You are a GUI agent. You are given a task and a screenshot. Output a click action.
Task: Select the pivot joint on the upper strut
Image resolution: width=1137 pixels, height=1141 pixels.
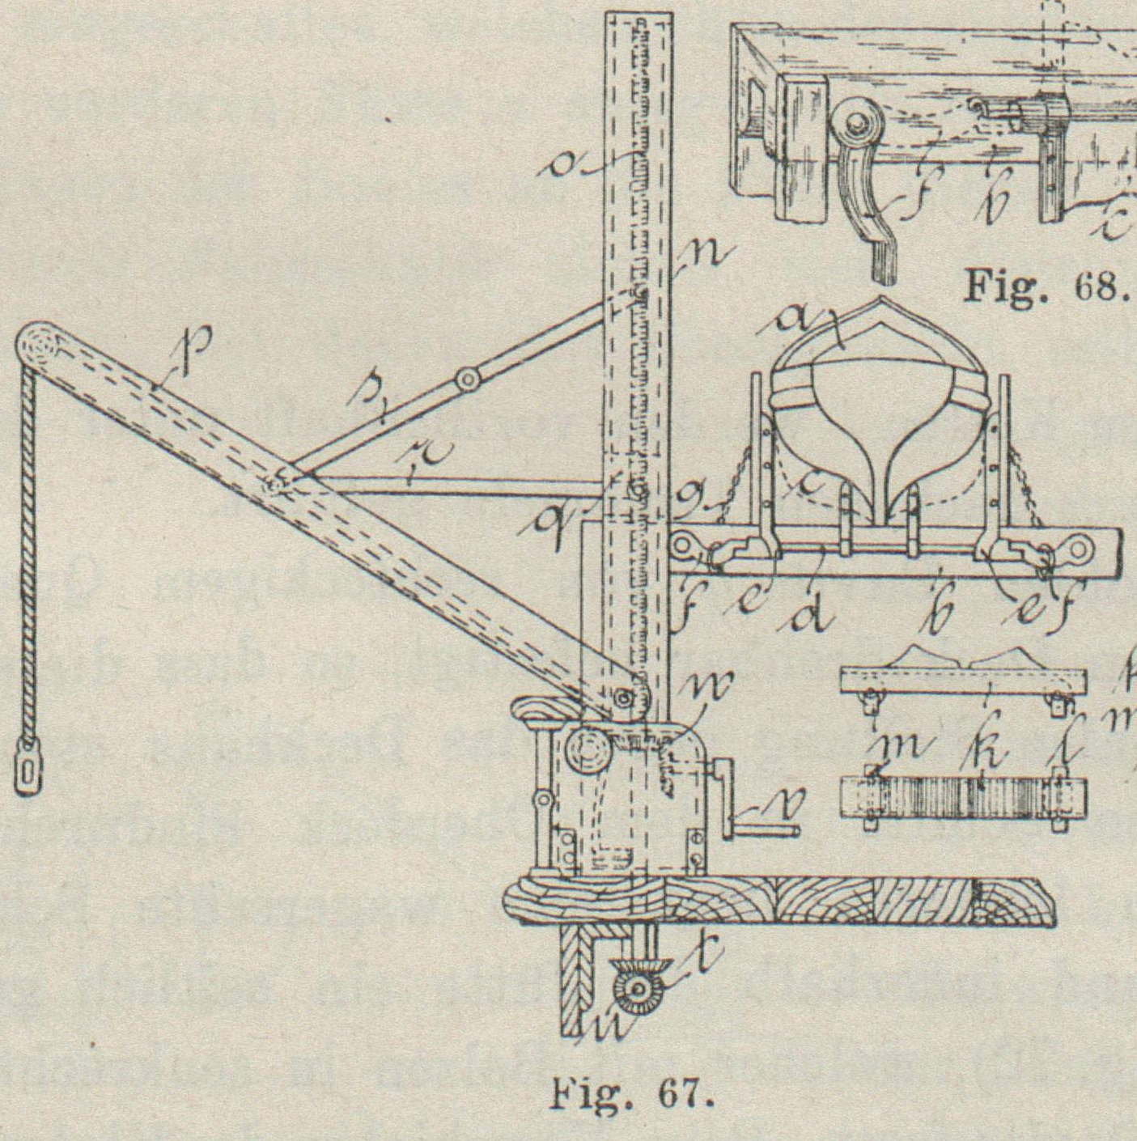point(468,378)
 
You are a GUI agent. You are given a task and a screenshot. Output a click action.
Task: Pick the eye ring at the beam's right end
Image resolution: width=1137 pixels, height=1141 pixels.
point(1080,553)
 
